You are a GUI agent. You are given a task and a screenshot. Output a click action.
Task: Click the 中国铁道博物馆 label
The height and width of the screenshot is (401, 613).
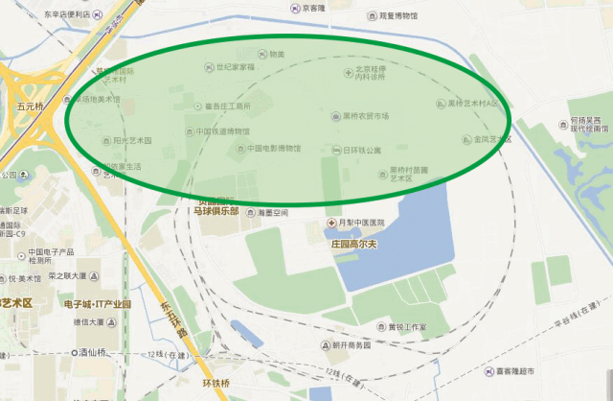coord(223,131)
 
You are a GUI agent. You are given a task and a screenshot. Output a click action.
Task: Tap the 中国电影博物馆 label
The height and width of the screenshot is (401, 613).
coord(274,149)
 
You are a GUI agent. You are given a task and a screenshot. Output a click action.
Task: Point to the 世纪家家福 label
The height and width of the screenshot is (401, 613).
coord(235,67)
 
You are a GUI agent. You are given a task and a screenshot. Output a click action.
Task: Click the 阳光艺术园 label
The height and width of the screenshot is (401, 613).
coord(132,141)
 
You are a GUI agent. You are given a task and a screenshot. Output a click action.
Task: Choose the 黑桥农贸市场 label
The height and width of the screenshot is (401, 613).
coord(366,116)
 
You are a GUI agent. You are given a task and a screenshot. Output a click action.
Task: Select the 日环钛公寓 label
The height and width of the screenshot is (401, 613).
coord(361,151)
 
